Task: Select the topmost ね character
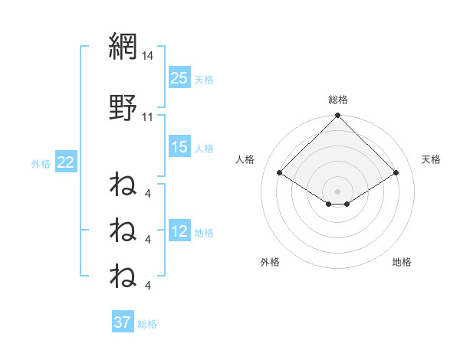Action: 123,185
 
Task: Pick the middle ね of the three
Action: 123,229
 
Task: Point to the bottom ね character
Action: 123,275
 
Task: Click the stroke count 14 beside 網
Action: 148,56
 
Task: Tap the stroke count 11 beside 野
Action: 148,117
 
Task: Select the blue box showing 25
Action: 179,78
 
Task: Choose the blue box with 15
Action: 179,147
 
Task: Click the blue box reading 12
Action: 179,231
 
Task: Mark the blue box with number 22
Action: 66,162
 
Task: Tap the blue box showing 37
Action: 123,322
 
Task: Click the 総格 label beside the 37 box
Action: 147,324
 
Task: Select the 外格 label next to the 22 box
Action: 41,163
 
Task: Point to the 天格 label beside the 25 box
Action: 203,79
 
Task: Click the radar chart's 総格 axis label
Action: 338,100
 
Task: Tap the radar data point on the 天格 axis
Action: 396,173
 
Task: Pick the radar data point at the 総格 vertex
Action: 338,116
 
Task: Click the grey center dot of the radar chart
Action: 338,191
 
